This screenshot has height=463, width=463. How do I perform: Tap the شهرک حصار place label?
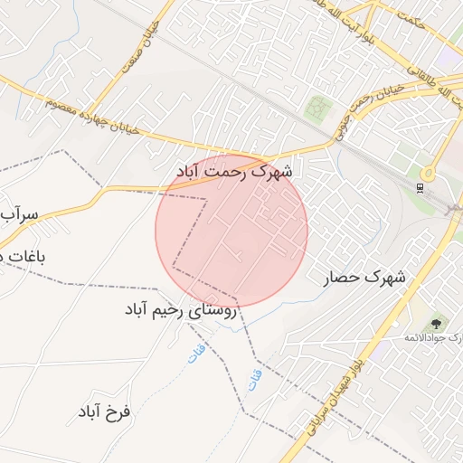(x=365, y=278)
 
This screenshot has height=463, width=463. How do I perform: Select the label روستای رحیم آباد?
(x=180, y=310)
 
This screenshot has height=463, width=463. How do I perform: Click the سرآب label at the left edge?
(x=19, y=214)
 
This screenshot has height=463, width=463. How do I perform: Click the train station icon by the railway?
(x=419, y=188)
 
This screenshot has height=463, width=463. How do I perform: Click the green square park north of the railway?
(x=316, y=109)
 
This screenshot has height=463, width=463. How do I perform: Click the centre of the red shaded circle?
(x=231, y=231)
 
